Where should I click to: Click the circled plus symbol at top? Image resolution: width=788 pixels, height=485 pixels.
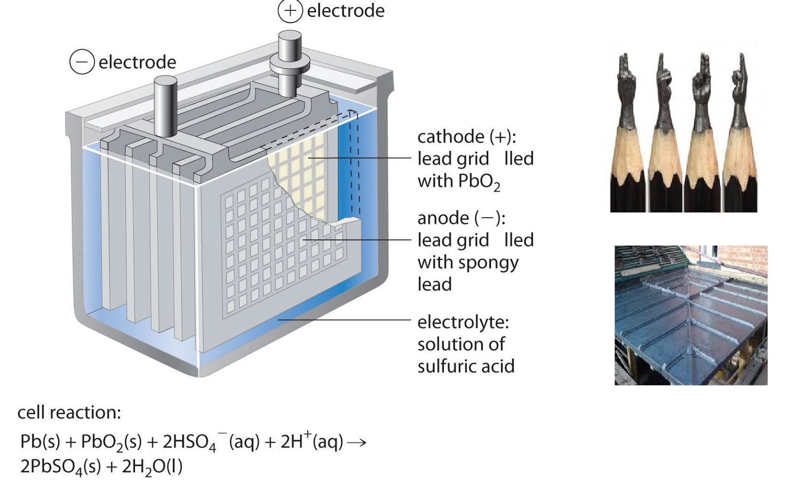click(290, 11)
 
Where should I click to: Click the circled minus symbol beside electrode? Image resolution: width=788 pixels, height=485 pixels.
click(82, 62)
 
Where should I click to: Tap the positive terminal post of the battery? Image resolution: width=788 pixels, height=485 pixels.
click(290, 64)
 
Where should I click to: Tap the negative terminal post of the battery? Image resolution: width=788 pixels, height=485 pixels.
click(165, 105)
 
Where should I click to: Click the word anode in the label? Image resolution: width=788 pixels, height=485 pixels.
click(443, 219)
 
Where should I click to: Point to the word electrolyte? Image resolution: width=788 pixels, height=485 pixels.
click(463, 323)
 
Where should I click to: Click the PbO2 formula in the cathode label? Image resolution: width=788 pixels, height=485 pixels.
click(479, 182)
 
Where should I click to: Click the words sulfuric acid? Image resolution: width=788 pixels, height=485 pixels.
click(466, 366)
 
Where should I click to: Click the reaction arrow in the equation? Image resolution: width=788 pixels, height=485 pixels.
click(357, 443)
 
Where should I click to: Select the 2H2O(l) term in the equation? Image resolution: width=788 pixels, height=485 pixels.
click(152, 467)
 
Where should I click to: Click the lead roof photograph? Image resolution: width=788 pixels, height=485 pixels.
click(691, 315)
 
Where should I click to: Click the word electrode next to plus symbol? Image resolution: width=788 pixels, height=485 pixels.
click(346, 11)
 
